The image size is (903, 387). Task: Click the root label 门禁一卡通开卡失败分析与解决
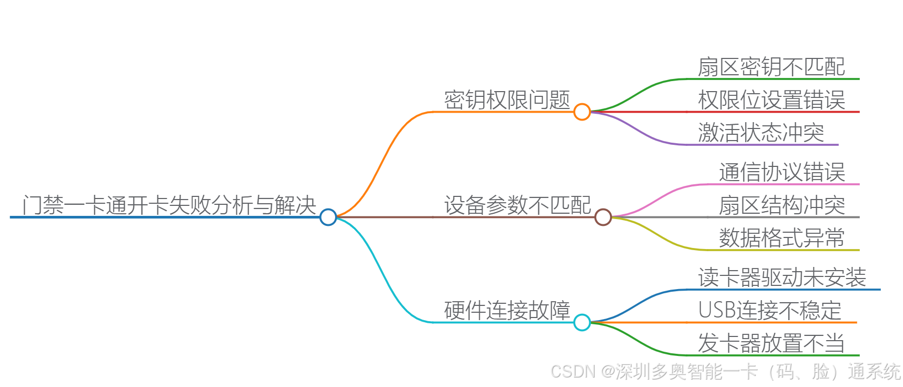click(x=169, y=205)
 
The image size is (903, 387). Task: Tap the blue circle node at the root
click(x=328, y=217)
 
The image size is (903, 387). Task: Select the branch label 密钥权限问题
click(x=507, y=100)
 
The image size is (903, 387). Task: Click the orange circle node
click(x=581, y=112)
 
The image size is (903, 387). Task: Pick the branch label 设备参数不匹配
click(x=518, y=205)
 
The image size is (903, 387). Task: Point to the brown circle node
click(x=603, y=217)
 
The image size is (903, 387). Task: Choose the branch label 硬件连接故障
click(x=507, y=310)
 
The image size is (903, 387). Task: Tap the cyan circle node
click(x=581, y=322)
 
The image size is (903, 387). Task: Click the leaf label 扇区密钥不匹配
click(x=771, y=67)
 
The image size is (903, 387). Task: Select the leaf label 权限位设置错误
click(x=771, y=100)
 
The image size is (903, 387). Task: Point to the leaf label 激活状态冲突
click(x=761, y=132)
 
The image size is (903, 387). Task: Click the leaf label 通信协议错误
click(x=782, y=172)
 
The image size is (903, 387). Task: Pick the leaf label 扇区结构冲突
click(x=782, y=205)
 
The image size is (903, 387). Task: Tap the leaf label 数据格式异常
click(x=782, y=237)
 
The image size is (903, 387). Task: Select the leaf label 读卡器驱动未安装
click(x=782, y=277)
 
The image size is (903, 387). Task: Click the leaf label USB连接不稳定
click(x=770, y=310)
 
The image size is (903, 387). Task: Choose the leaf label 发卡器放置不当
click(x=771, y=343)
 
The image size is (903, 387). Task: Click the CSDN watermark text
click(x=725, y=372)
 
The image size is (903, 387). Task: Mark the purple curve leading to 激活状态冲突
click(x=642, y=132)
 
